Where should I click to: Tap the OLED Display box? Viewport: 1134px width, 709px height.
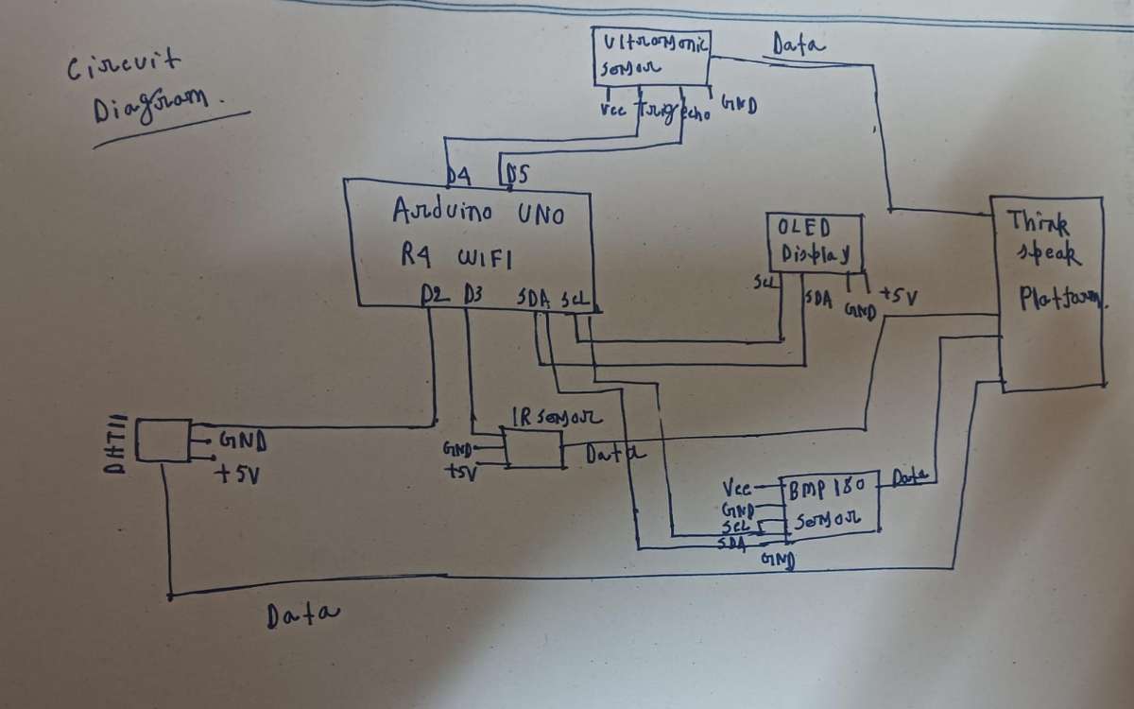click(x=815, y=242)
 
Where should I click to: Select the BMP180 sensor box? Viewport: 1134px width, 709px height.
click(x=828, y=501)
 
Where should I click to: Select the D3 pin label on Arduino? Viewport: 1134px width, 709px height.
click(x=473, y=295)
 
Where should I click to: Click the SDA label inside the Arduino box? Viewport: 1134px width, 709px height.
click(x=533, y=297)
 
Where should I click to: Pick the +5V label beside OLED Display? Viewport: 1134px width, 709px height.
click(x=899, y=298)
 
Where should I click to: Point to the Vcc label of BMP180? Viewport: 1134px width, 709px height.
click(x=736, y=489)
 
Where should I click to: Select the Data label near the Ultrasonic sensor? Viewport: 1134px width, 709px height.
click(x=799, y=43)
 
